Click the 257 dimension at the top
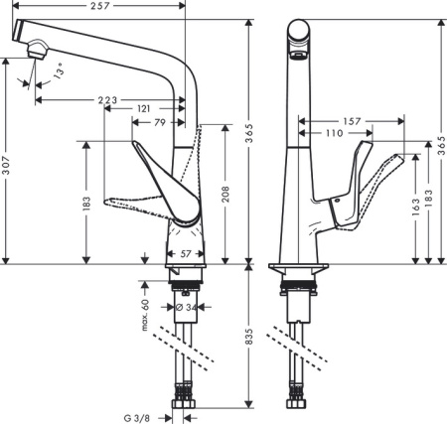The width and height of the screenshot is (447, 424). click(x=97, y=7)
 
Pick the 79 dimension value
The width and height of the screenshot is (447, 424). click(x=159, y=123)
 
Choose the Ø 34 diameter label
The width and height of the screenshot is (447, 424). click(x=184, y=307)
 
